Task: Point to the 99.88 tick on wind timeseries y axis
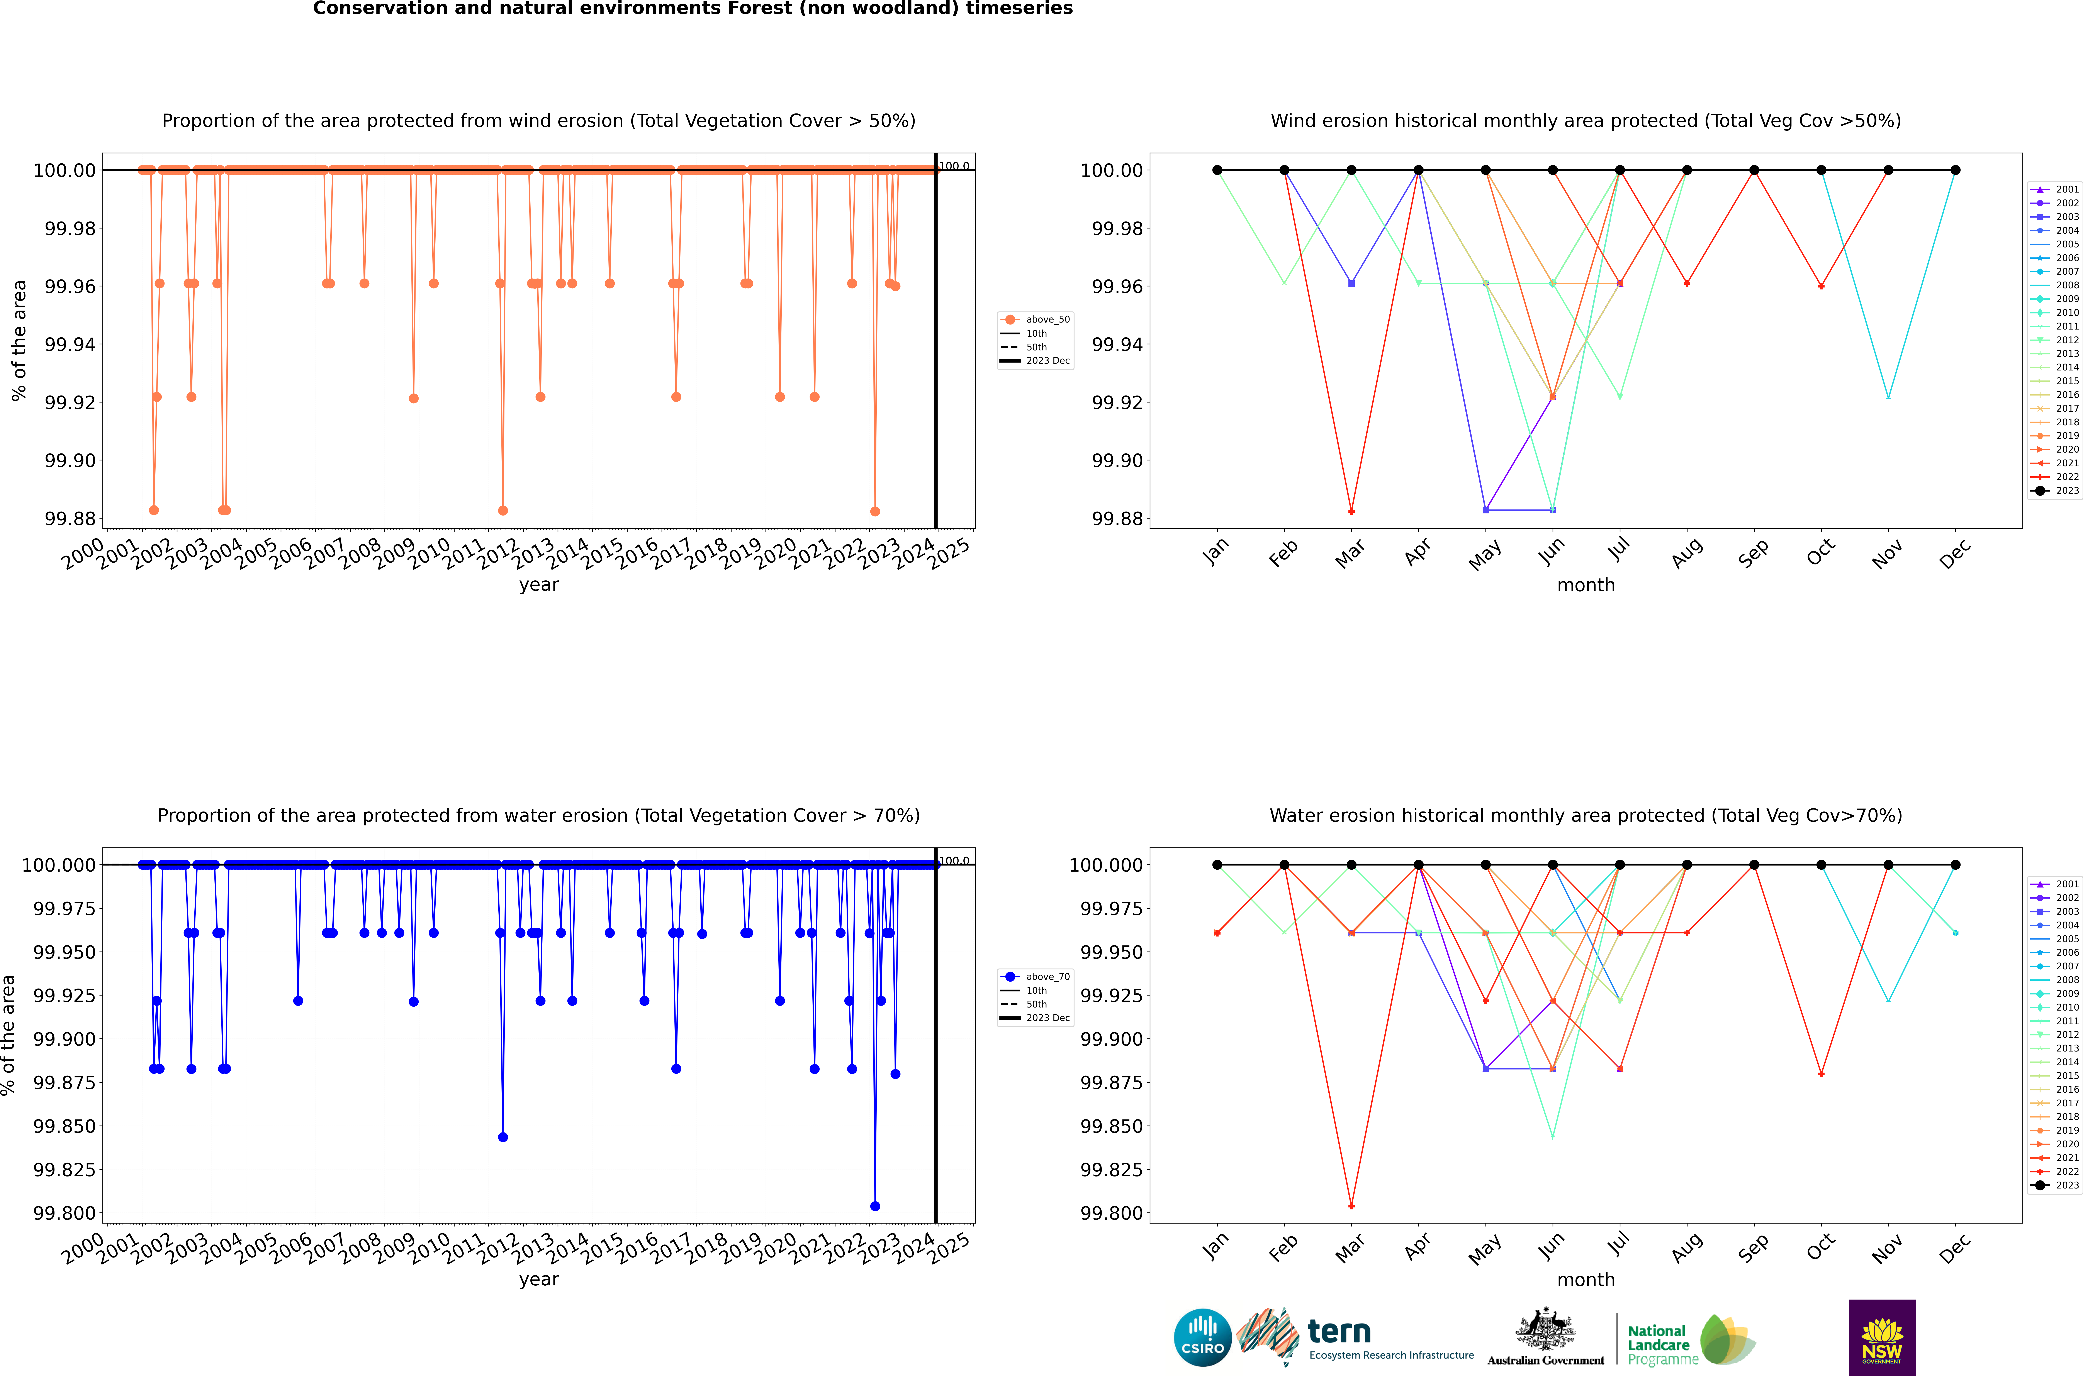tap(70, 519)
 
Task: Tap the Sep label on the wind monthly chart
tap(1754, 553)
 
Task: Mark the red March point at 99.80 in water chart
tap(1351, 1206)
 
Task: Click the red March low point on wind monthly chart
tap(1351, 511)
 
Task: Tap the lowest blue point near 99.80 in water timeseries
tap(874, 1206)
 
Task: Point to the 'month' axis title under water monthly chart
tap(1585, 1280)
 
